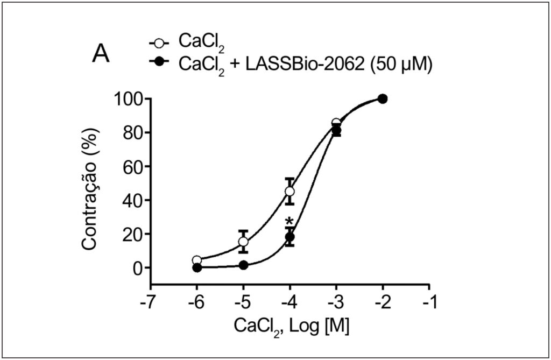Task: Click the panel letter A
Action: click(101, 55)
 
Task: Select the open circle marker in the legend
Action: click(159, 44)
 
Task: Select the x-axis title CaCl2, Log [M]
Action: click(291, 327)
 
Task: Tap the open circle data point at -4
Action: click(289, 192)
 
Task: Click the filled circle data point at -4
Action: click(289, 237)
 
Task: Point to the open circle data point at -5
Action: click(243, 242)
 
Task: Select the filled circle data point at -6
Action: click(197, 267)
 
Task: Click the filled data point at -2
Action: click(383, 99)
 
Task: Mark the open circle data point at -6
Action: click(197, 260)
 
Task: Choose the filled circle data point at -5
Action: click(243, 265)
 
